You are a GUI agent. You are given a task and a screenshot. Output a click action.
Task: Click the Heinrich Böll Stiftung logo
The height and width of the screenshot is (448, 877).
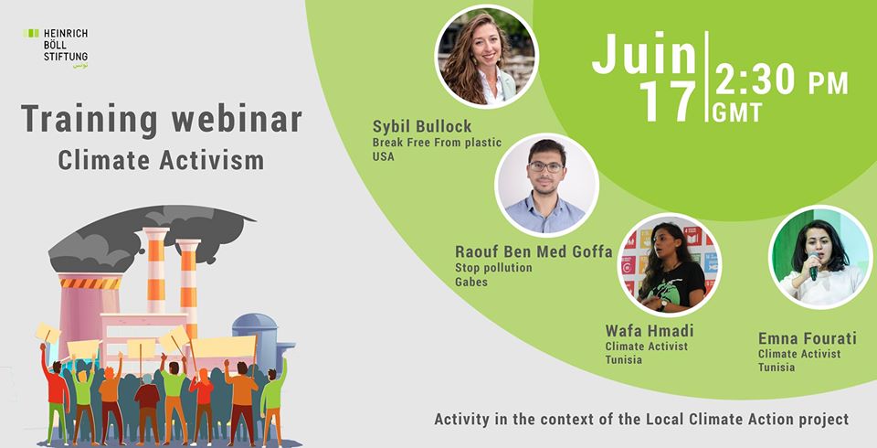coord(56,48)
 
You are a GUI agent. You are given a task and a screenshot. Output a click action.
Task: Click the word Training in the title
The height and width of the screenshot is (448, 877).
coord(90,120)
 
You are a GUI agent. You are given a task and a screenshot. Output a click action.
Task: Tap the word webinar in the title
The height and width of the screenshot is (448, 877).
coord(237,118)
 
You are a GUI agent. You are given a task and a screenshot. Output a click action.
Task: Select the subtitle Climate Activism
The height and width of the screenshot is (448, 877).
coord(161,160)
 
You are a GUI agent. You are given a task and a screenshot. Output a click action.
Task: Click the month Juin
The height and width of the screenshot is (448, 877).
coord(644,54)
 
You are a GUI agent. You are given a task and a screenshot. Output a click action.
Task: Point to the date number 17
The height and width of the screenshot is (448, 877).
coord(668,101)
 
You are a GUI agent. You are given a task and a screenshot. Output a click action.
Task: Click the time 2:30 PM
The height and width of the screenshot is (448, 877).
coord(781,81)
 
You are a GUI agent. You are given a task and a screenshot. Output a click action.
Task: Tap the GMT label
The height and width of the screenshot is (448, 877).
coord(737,112)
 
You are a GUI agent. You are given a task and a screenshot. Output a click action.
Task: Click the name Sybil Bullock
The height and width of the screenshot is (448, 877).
coord(422,126)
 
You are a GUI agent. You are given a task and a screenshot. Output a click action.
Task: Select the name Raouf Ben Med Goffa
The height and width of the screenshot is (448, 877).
coord(534,251)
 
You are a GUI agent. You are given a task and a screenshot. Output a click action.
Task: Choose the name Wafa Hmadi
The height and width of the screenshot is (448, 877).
coord(650,330)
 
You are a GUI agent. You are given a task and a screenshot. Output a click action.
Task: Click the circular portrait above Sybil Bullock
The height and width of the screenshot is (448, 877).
coord(486,57)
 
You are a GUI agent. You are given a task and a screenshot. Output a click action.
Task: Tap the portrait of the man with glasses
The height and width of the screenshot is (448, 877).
coord(546,186)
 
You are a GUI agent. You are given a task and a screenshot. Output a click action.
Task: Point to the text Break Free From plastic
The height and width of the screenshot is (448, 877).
coord(437,143)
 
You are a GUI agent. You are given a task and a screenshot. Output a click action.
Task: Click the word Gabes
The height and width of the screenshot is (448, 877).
coord(471,282)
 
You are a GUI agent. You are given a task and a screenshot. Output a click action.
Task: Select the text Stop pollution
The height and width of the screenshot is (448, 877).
coord(493,268)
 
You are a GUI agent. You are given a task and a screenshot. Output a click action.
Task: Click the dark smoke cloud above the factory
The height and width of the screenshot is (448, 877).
coord(151,231)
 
